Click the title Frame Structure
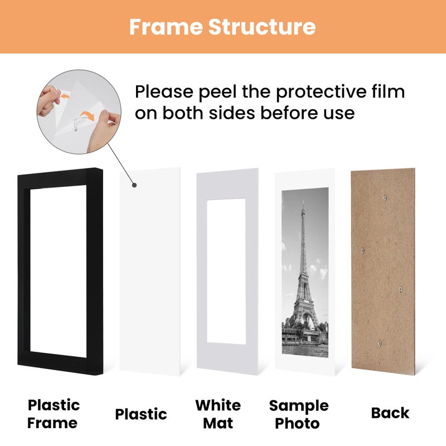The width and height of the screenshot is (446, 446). (222, 26)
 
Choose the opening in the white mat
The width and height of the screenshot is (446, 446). (226, 270)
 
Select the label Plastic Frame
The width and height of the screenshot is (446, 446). (54, 413)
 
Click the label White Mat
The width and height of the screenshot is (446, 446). (218, 413)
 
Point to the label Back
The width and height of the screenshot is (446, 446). (390, 413)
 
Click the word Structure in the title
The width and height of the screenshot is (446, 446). (262, 26)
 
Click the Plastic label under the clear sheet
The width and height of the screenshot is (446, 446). (141, 414)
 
